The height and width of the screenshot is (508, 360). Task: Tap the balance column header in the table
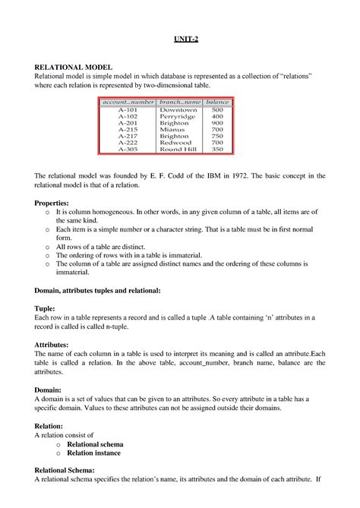coord(217,102)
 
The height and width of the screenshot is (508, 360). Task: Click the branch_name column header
coord(178,102)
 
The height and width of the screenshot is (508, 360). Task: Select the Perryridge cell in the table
coord(178,116)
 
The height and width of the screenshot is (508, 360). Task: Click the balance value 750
coord(217,136)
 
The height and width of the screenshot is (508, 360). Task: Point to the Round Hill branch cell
coord(178,149)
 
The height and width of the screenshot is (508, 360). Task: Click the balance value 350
coord(217,149)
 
